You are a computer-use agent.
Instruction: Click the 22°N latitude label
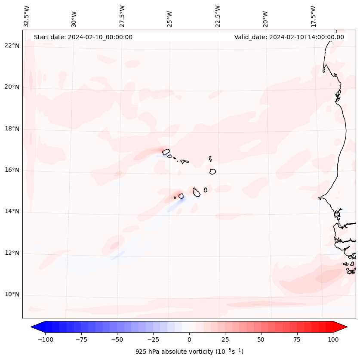click(12, 46)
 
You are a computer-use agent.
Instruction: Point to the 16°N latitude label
click(12, 170)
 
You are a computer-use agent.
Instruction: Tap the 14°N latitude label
click(12, 211)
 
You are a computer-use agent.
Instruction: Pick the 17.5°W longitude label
click(313, 16)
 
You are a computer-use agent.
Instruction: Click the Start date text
click(83, 37)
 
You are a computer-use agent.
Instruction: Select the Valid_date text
click(289, 37)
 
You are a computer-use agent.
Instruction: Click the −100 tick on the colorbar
click(45, 339)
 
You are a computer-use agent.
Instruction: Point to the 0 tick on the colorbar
click(189, 339)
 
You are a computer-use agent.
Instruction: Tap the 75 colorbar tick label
click(297, 339)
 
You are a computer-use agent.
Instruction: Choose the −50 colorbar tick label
click(117, 339)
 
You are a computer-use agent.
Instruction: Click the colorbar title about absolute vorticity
click(189, 352)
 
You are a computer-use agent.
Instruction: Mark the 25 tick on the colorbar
click(225, 339)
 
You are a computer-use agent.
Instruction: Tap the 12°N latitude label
click(12, 253)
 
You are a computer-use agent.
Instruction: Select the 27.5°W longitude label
click(122, 16)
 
